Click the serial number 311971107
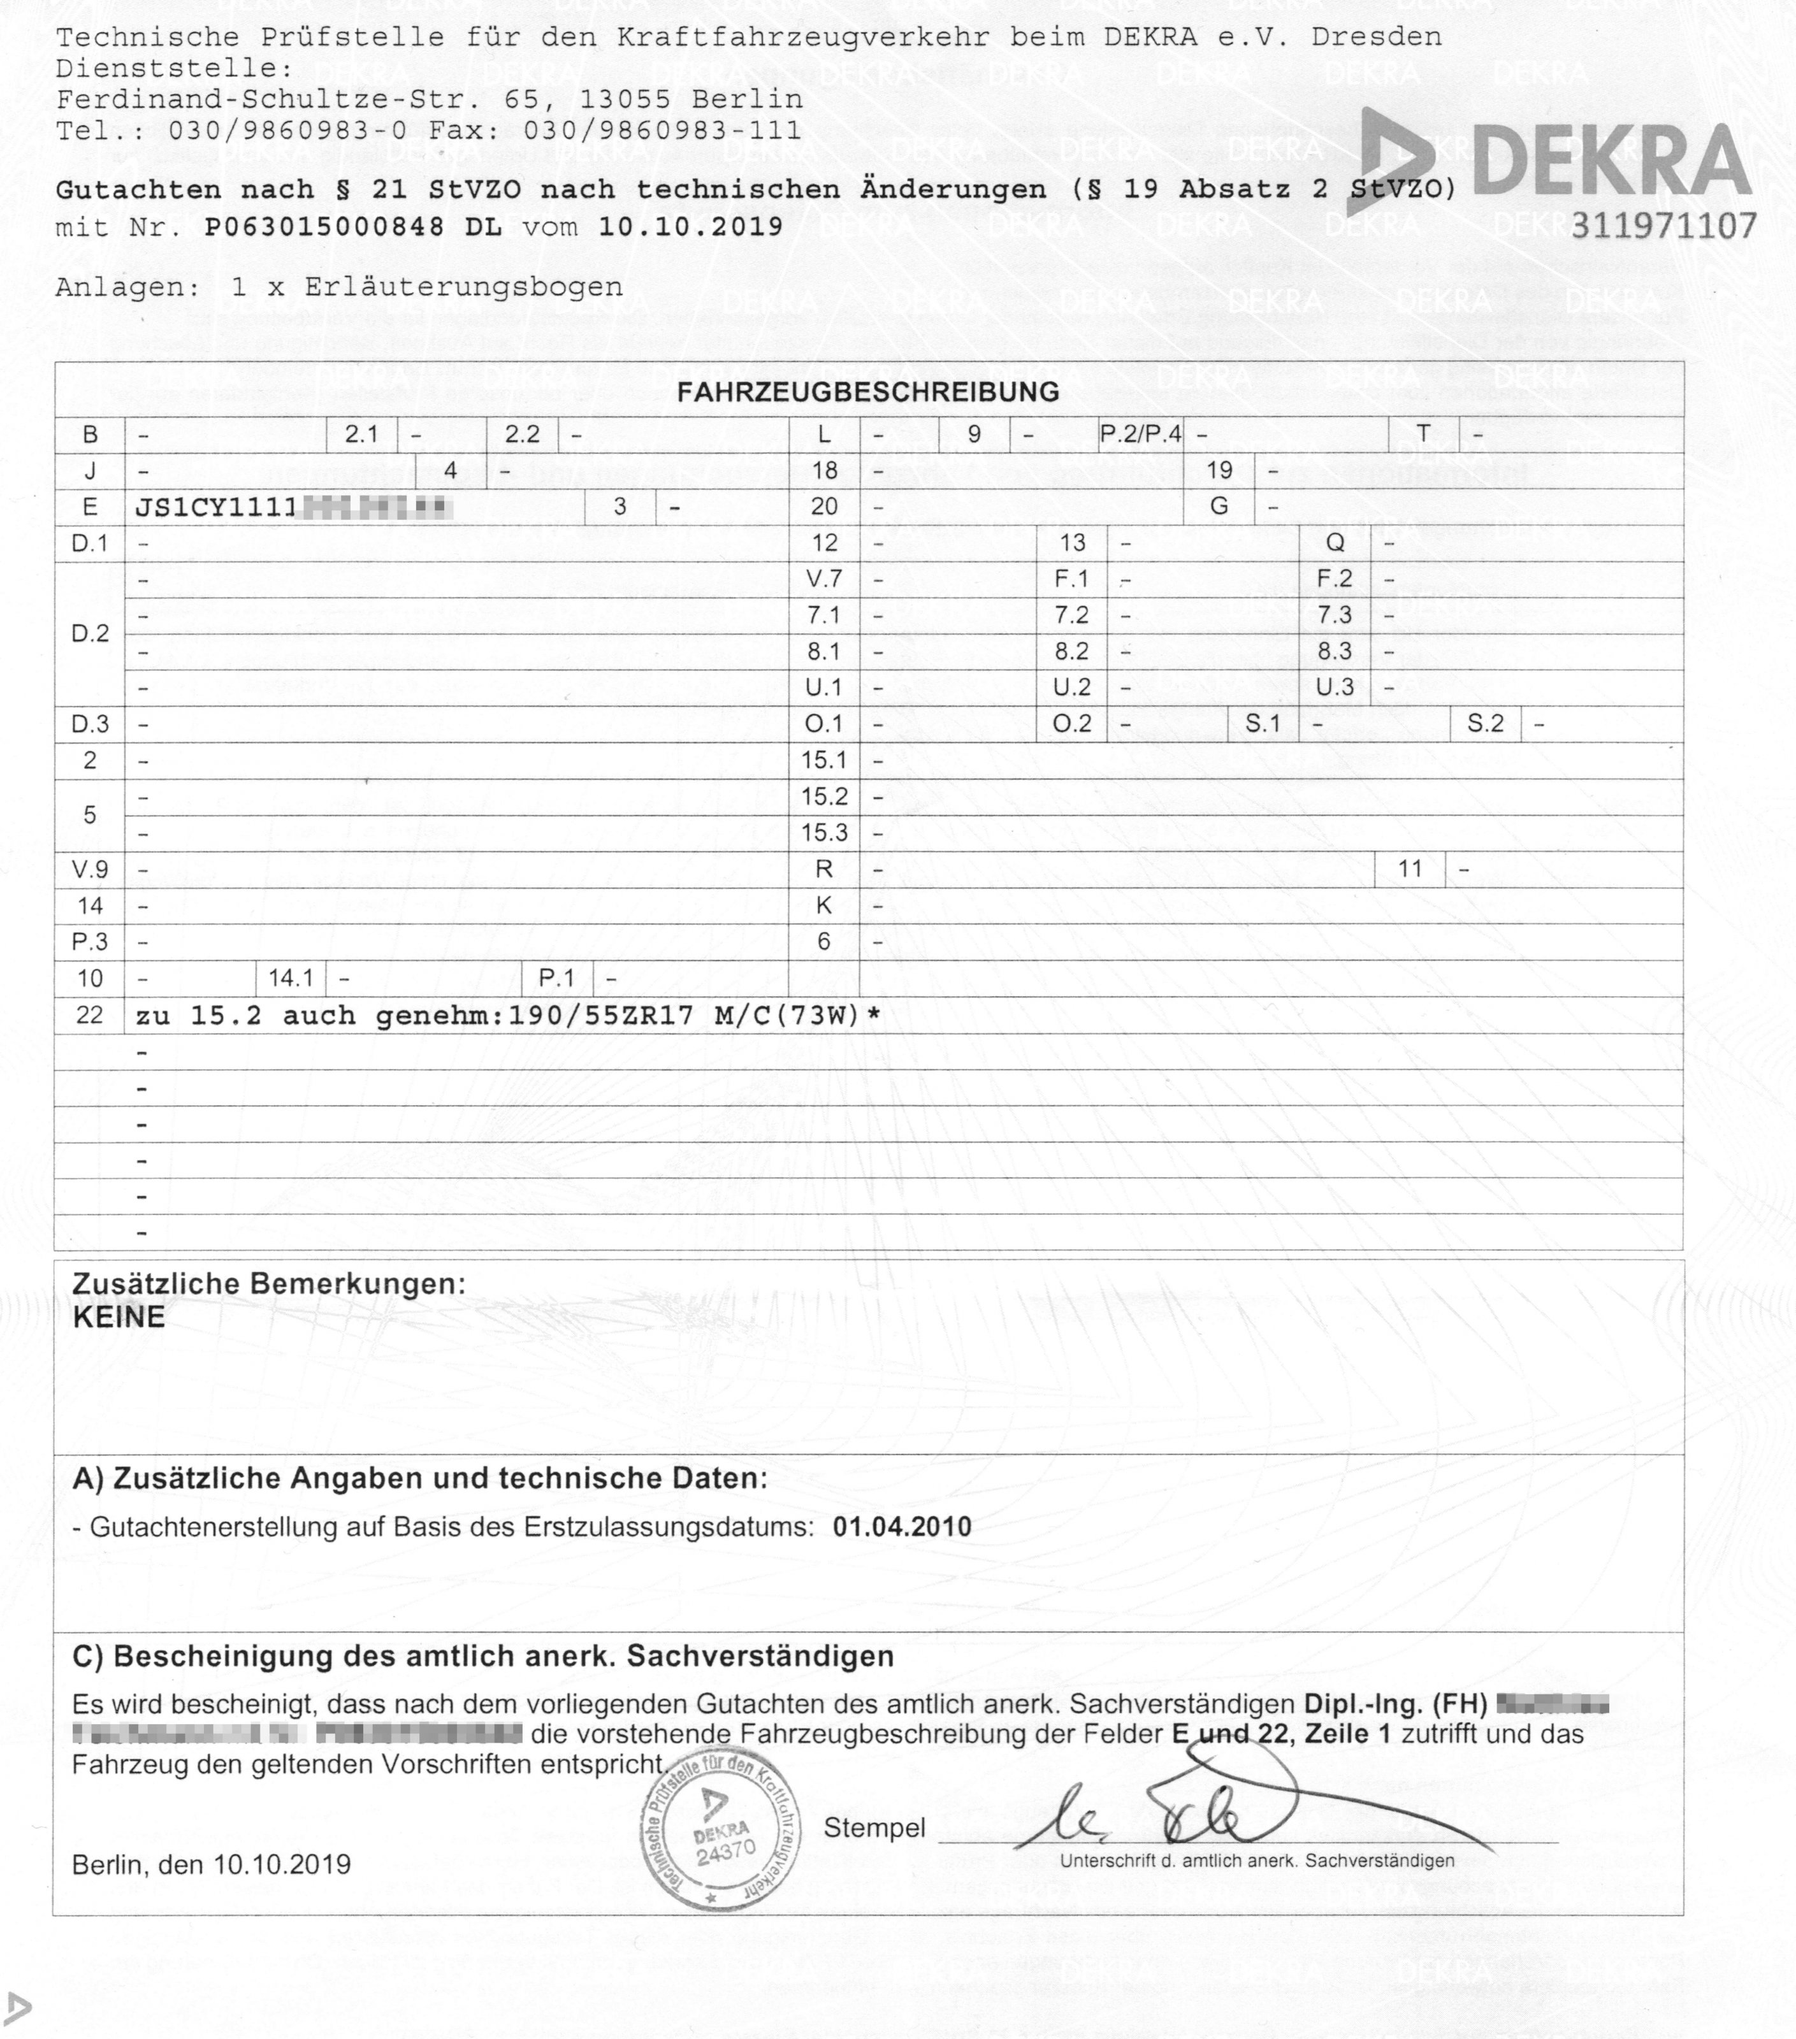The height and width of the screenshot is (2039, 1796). tap(1663, 226)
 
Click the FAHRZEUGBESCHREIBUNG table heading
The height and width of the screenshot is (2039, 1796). tap(868, 392)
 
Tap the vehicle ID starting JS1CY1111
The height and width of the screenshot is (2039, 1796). tap(293, 508)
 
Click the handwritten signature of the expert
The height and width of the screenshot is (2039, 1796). tap(1198, 1815)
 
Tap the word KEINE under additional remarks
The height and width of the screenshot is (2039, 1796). tap(119, 1317)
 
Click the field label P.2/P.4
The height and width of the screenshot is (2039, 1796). tap(1140, 434)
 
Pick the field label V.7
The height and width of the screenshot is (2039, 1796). tap(823, 579)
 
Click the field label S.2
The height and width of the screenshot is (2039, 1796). tap(1485, 723)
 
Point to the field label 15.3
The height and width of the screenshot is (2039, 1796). tap(823, 832)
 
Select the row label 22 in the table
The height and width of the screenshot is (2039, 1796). tap(90, 1016)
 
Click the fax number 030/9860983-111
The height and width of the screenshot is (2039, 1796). tap(663, 131)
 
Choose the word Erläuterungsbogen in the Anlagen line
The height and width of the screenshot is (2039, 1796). tap(464, 287)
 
